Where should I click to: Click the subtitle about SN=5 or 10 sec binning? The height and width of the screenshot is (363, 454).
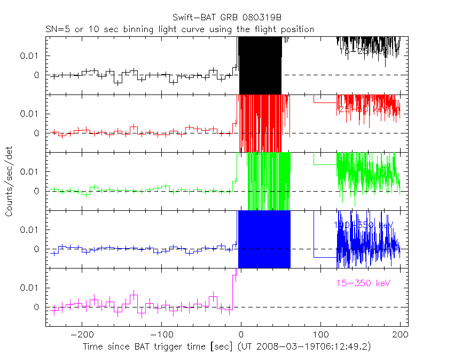point(179,29)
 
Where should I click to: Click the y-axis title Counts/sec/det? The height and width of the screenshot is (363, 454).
point(9,182)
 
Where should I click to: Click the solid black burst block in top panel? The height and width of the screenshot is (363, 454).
point(260,64)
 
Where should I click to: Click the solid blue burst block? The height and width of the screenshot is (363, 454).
point(264,239)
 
